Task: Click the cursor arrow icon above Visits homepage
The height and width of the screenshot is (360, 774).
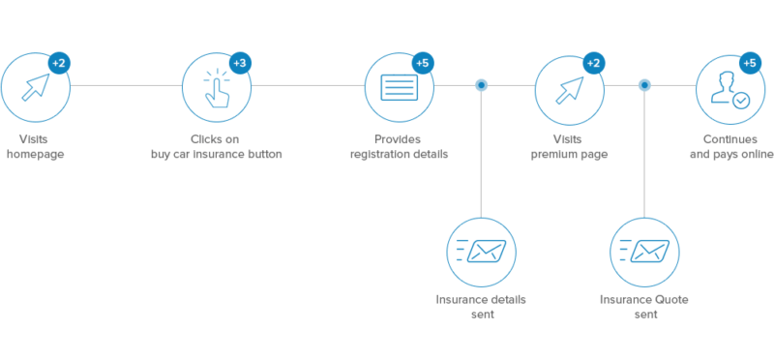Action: [36, 88]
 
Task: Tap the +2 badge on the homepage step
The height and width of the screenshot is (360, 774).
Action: [58, 64]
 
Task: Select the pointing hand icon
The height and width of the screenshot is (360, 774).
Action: [216, 88]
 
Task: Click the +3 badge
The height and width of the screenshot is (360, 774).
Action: [240, 64]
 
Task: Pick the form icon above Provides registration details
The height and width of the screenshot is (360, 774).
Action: [399, 88]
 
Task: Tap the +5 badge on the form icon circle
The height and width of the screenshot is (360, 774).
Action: [422, 64]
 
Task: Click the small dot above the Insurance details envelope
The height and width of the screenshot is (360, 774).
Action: [481, 85]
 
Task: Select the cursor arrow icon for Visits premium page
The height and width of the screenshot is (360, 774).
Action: [569, 88]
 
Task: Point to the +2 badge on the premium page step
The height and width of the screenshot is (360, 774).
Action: [593, 64]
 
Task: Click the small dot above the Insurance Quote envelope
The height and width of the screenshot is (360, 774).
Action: [644, 85]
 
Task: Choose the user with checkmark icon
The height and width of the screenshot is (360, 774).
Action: [729, 88]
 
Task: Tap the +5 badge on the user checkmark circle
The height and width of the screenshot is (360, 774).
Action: [749, 64]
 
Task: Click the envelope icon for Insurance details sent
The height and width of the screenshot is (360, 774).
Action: [481, 252]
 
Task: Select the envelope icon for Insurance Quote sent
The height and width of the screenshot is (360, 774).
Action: [644, 252]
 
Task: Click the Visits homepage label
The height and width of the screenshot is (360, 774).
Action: [35, 147]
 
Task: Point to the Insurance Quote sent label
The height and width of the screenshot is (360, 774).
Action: [644, 307]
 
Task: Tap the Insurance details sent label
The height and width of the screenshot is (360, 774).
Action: [481, 307]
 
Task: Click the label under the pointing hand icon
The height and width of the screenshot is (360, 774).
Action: [216, 147]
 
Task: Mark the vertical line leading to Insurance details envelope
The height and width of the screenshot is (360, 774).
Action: [481, 155]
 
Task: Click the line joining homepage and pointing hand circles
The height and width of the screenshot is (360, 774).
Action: [126, 85]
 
